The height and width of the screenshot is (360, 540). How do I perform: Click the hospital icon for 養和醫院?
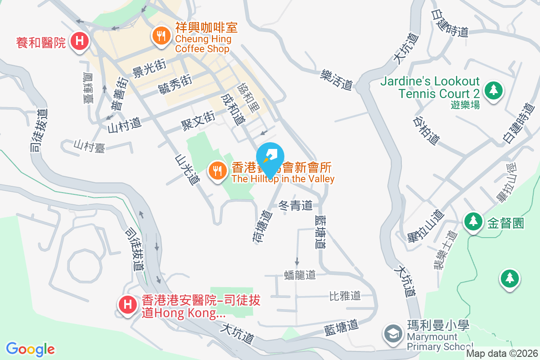pos(80,42)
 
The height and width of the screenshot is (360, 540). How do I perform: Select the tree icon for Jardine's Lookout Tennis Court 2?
pos(494,90)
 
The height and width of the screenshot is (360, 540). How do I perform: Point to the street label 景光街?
pos(149,68)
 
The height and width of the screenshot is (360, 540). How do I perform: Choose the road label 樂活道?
pos(336,79)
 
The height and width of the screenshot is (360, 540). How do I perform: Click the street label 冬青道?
pos(296,206)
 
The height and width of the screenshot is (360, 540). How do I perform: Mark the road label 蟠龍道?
pos(300,275)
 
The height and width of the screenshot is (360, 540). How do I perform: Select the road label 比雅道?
pos(345,296)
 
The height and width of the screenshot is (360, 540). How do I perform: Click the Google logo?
pos(30,349)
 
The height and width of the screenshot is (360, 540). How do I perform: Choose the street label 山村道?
pos(125,125)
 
